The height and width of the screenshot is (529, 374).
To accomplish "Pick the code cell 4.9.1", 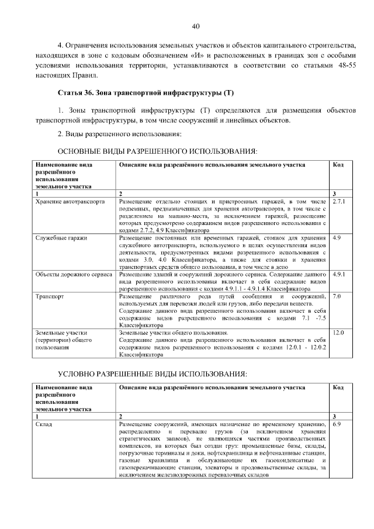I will [339, 274].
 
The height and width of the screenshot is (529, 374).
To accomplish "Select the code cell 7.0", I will [336, 296].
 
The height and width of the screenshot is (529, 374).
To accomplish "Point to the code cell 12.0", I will [338, 333].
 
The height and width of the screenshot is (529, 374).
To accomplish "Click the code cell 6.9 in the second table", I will [336, 424].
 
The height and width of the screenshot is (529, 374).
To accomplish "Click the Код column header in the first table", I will [338, 165].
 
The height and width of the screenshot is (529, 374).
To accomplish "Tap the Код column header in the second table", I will [338, 388].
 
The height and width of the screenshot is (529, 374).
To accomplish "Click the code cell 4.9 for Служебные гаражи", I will [337, 238].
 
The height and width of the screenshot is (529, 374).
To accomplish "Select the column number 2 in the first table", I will [121, 193].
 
